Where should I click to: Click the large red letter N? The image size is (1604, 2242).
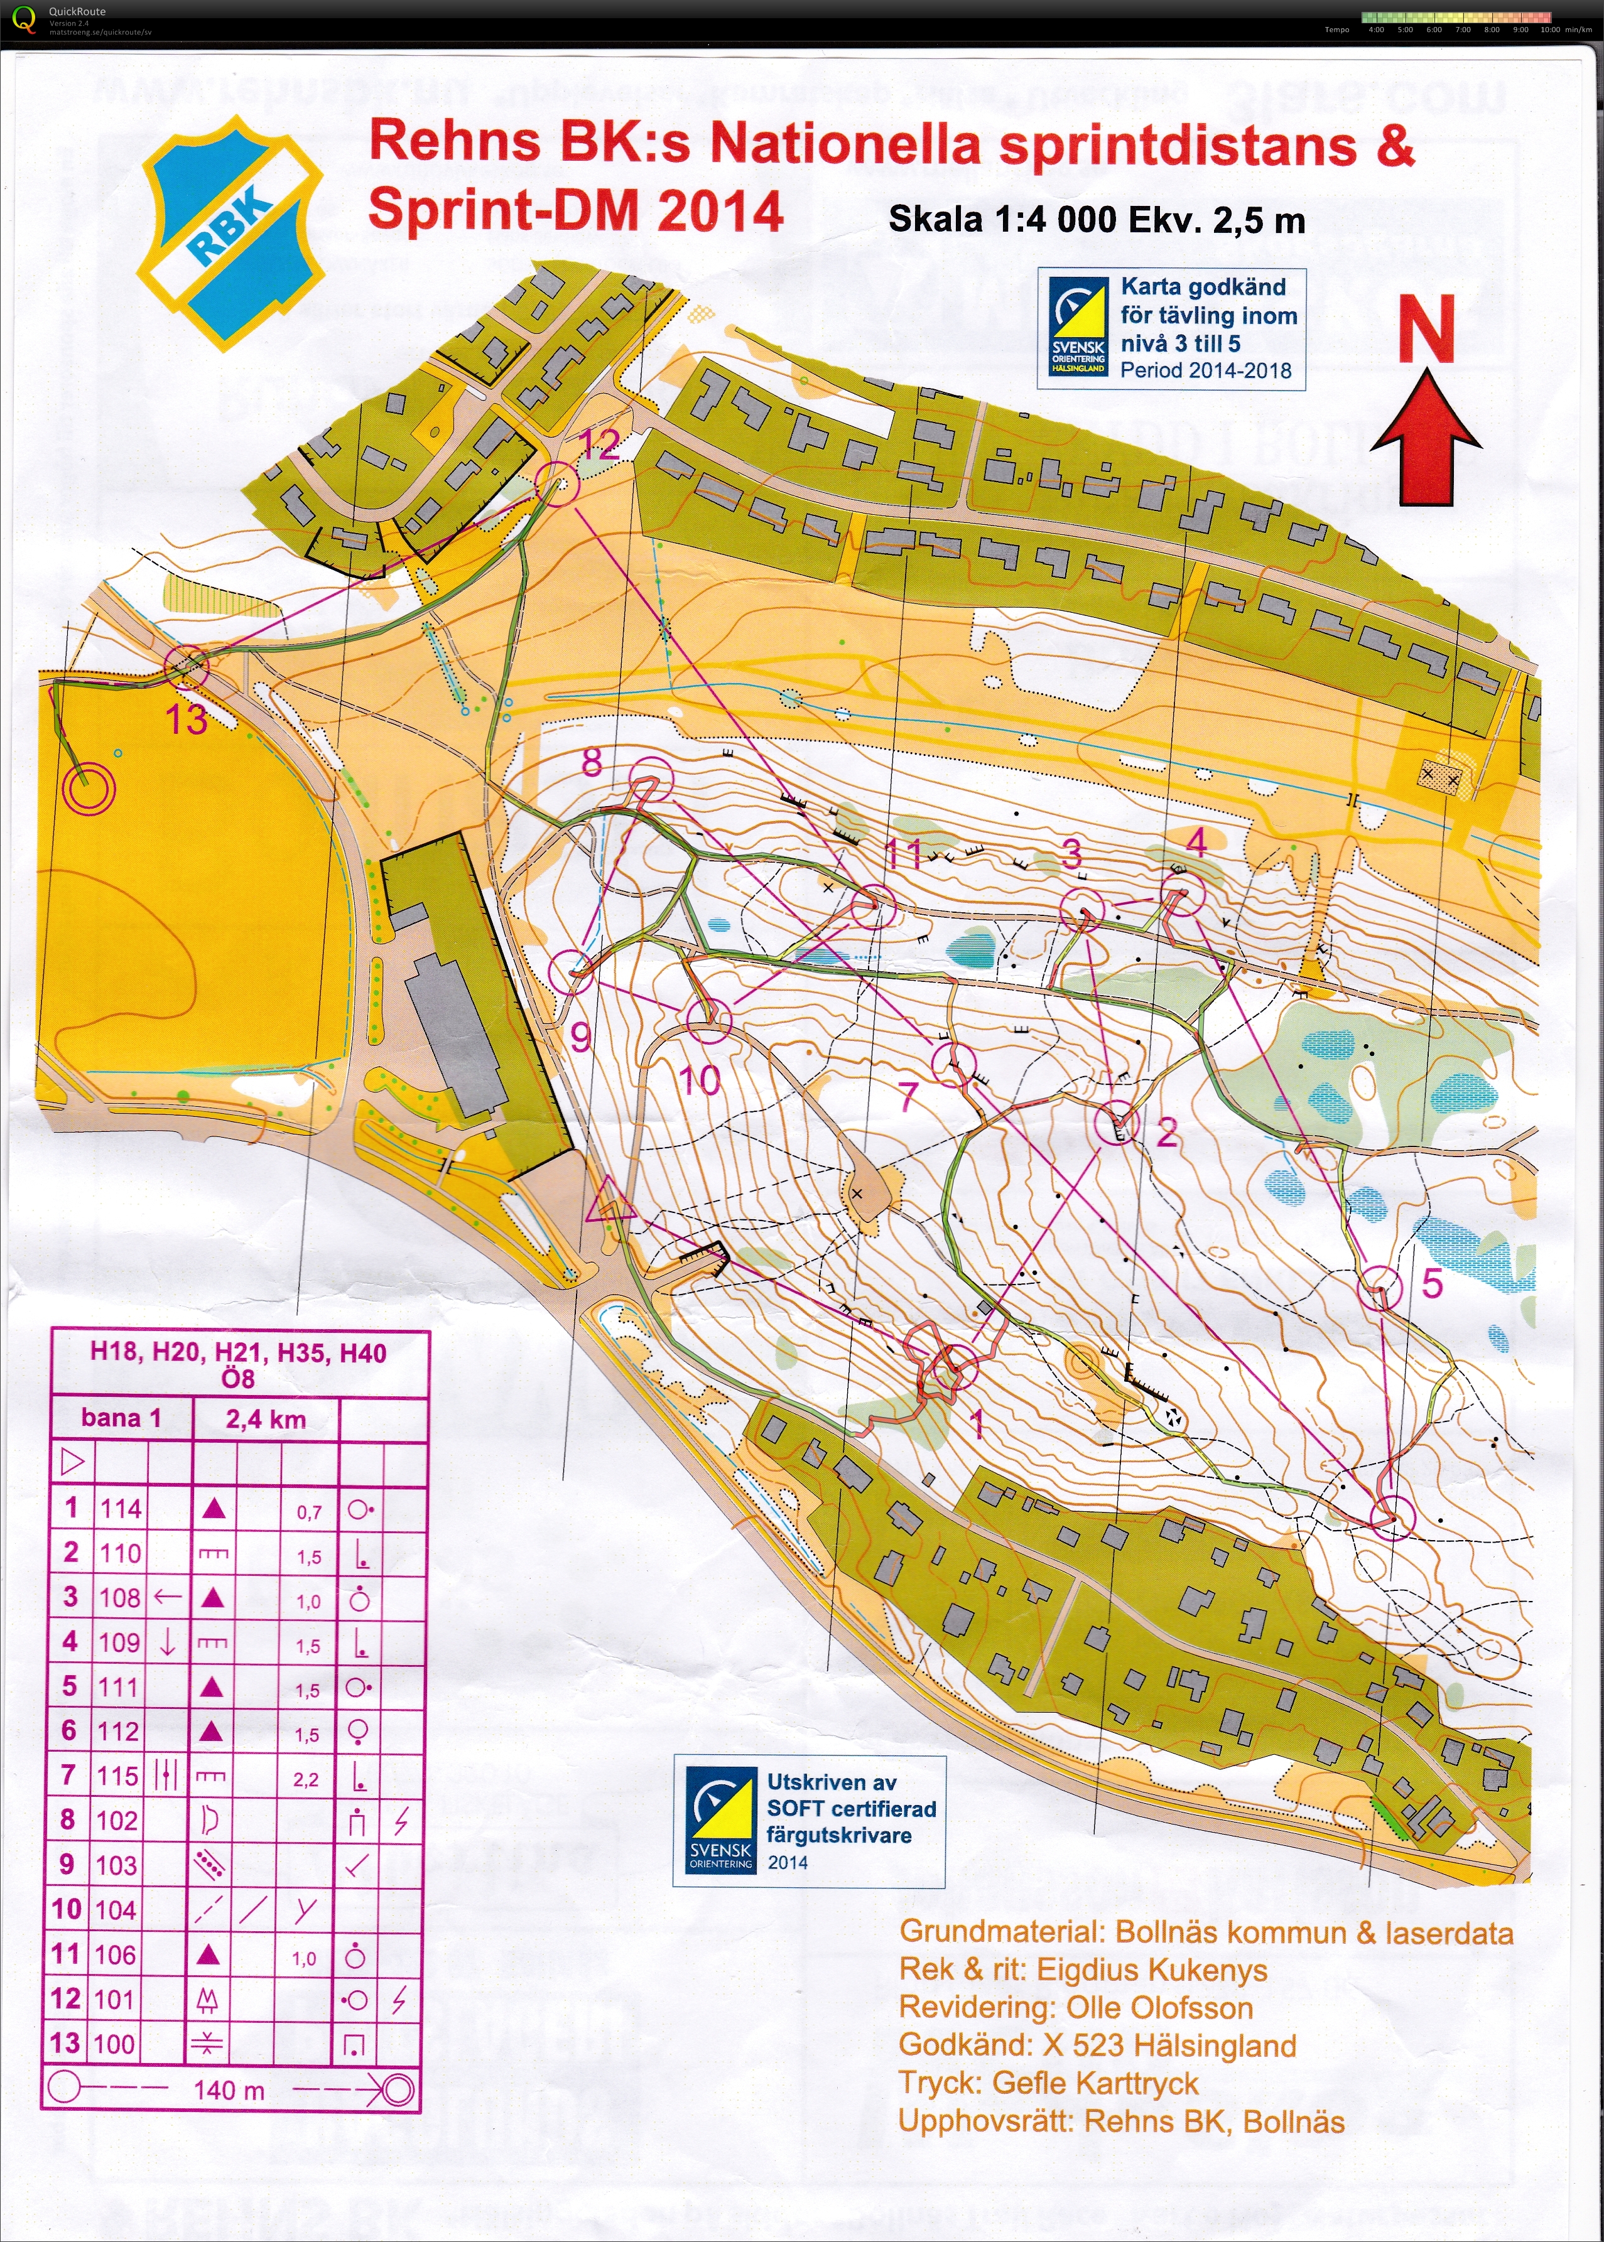1426,329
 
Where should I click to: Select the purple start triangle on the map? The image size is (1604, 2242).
609,1202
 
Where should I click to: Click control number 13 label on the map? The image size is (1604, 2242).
186,719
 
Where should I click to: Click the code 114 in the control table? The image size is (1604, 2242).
121,1509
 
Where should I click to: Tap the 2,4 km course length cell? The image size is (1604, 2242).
266,1420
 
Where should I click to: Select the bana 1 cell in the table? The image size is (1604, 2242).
121,1419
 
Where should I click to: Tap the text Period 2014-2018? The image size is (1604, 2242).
1206,370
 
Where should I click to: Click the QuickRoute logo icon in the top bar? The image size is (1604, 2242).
24,18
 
